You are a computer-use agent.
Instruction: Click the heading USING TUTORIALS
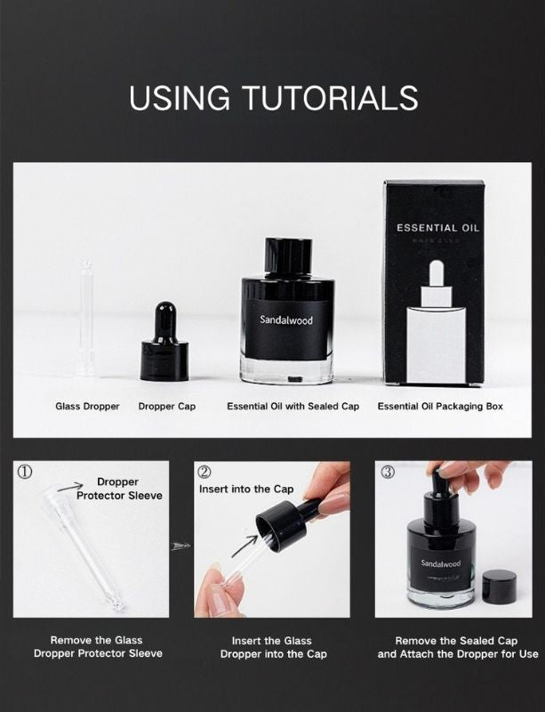[273, 98]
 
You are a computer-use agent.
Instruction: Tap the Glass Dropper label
[87, 407]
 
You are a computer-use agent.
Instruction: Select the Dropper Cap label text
[167, 407]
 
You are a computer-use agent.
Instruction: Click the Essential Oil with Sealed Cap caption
[293, 407]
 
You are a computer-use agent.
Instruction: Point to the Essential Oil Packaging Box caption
[440, 407]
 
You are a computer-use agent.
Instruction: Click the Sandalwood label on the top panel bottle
[286, 320]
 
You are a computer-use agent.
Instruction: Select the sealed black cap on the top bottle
[287, 258]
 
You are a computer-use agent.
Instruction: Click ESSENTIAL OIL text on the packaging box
[437, 228]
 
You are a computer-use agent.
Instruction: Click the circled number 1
[26, 473]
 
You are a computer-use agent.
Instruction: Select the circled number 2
[204, 472]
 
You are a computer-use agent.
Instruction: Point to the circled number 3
[388, 472]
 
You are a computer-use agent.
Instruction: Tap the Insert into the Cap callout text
[246, 489]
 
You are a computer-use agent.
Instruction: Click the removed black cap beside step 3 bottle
[500, 587]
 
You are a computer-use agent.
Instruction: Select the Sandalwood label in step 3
[441, 563]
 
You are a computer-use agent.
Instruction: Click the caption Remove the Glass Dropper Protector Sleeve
[96, 647]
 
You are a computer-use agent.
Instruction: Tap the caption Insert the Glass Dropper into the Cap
[273, 647]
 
